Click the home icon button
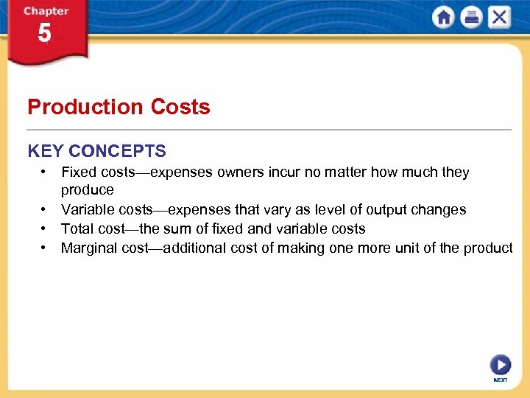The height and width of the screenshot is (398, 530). pyautogui.click(x=444, y=18)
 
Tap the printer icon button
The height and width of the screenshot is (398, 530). pyautogui.click(x=471, y=18)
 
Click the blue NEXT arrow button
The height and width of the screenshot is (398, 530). pyautogui.click(x=500, y=366)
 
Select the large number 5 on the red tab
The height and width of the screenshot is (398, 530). pyautogui.click(x=44, y=34)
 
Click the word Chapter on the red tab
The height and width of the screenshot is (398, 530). pyautogui.click(x=46, y=11)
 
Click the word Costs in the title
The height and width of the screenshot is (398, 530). pyautogui.click(x=180, y=107)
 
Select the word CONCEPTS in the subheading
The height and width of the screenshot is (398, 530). pyautogui.click(x=117, y=151)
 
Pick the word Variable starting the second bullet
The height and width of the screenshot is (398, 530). pyautogui.click(x=86, y=210)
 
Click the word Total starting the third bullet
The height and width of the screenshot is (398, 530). pyautogui.click(x=77, y=229)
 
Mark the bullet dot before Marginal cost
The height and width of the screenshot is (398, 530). pyautogui.click(x=45, y=248)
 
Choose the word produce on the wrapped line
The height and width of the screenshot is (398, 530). pyautogui.click(x=88, y=191)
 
